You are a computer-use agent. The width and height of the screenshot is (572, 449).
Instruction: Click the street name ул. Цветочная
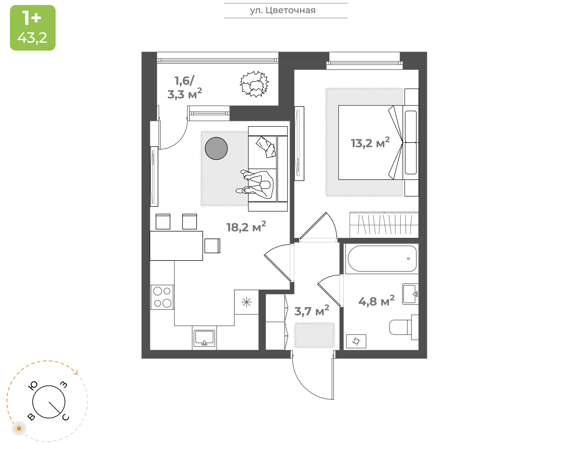coord(282,11)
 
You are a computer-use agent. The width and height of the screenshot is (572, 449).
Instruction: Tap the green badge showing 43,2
coord(33,28)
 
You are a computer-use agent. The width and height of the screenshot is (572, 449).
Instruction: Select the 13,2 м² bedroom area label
coord(370,143)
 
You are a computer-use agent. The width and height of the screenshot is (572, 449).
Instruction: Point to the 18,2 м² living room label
coord(246,227)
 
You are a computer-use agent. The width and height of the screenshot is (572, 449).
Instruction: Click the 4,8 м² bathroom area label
coord(376,301)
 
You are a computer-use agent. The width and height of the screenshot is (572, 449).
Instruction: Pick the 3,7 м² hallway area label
coord(312,311)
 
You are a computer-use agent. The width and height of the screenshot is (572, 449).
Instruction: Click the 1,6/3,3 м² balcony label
coord(185,87)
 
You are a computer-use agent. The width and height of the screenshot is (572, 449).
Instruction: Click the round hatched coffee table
coord(216,149)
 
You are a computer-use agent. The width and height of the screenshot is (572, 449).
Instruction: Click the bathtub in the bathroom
coord(382,259)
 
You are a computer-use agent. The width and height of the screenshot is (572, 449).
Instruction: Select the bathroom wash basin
coord(410,294)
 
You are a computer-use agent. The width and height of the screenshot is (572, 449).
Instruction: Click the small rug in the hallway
coord(314,335)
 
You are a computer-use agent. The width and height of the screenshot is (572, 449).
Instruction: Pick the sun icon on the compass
coord(19,429)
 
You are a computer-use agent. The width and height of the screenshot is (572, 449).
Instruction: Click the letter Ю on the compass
coord(33,386)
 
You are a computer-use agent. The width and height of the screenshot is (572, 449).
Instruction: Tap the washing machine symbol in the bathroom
coord(356,341)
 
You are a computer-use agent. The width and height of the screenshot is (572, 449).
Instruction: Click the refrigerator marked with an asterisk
coord(246,302)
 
